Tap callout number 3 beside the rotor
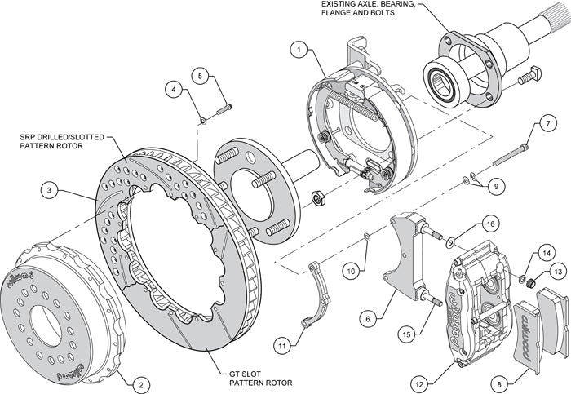[x=51, y=192]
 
